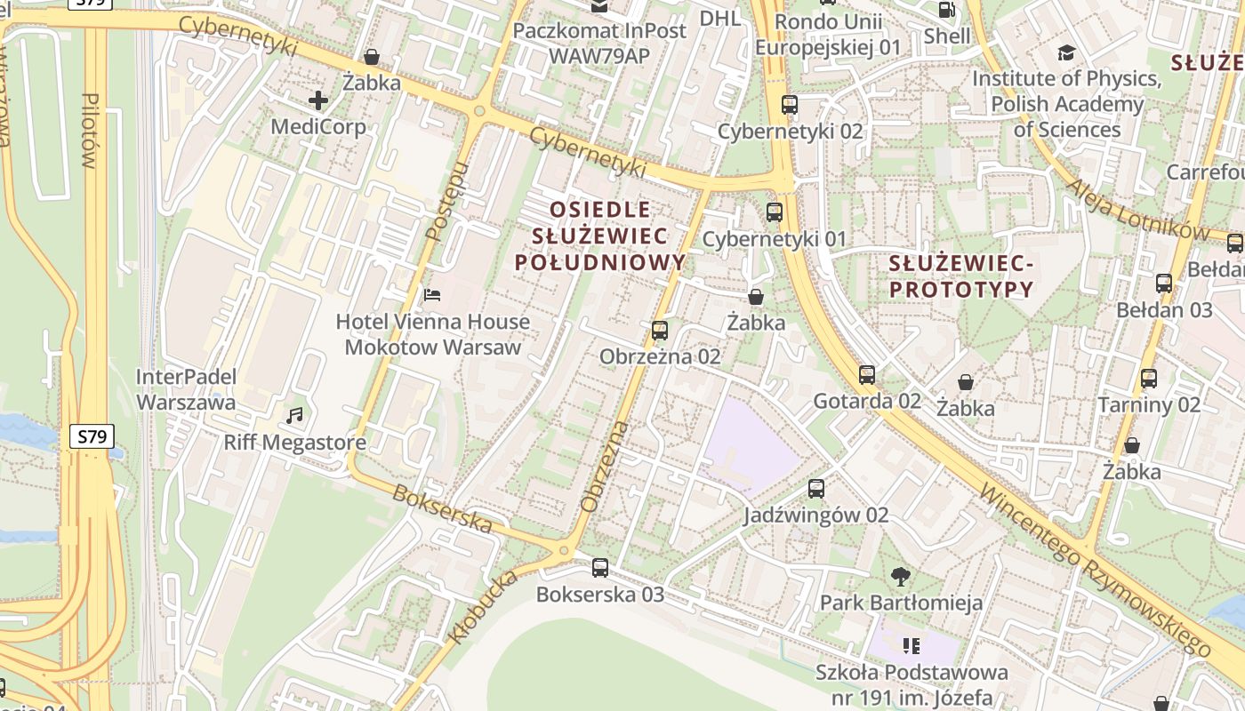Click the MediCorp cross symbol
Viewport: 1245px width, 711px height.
click(318, 100)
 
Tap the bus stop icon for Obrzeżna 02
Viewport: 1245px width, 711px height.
click(659, 331)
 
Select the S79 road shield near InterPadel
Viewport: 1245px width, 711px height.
click(91, 436)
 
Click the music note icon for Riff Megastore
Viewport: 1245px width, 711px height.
click(294, 415)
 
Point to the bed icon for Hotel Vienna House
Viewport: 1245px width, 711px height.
click(432, 294)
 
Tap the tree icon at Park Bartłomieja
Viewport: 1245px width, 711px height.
click(901, 576)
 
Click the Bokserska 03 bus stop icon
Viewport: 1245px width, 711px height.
click(600, 568)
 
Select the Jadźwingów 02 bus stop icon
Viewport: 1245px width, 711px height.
click(815, 489)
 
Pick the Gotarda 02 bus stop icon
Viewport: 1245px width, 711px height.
click(867, 375)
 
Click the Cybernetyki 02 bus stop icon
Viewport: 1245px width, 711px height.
click(789, 105)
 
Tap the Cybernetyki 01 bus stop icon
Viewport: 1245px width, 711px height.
click(775, 212)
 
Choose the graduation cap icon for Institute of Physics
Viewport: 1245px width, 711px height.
click(1066, 53)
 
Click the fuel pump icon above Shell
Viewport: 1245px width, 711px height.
click(947, 10)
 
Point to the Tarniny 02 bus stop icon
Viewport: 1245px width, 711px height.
click(1148, 379)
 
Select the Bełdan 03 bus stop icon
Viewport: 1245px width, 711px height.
click(1163, 284)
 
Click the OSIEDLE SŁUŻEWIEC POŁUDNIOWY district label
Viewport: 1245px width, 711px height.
click(601, 236)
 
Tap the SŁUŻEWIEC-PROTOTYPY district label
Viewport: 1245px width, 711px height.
click(961, 276)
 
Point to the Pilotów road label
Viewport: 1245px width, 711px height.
click(88, 130)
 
